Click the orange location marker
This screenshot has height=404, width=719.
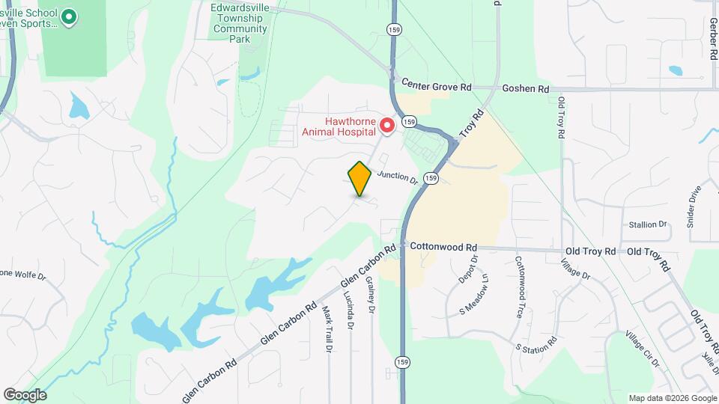point(359,178)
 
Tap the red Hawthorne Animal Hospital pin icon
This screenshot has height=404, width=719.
point(387,123)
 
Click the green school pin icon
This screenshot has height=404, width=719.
point(69,16)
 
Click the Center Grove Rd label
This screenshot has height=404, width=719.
point(436,86)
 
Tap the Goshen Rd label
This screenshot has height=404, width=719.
point(525,88)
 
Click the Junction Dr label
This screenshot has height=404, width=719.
point(397,177)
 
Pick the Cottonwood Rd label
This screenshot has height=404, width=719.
point(443,247)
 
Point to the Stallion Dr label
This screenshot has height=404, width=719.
point(647,224)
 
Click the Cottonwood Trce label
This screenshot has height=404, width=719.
point(518,287)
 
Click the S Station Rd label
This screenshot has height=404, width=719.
point(536,346)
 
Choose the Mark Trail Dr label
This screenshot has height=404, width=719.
point(327,328)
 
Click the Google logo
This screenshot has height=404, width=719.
point(24,395)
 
